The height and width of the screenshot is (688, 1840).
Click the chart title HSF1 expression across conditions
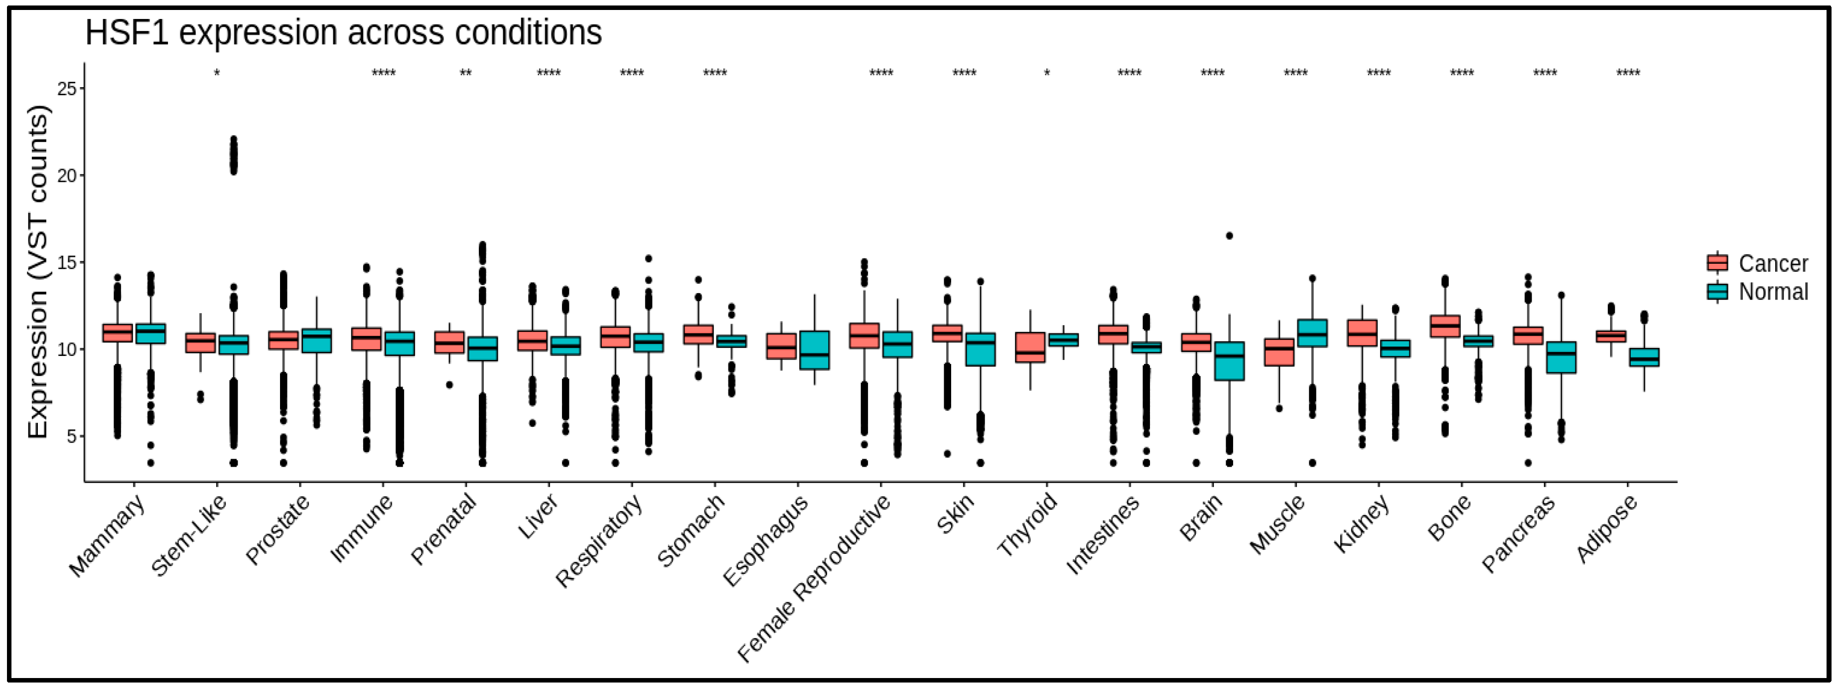tap(343, 33)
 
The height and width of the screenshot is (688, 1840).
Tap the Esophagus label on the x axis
tap(766, 539)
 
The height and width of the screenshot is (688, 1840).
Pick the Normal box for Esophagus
tap(814, 350)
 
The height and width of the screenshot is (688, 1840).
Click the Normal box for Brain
tap(1229, 361)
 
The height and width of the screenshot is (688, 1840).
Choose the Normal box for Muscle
tap(1312, 333)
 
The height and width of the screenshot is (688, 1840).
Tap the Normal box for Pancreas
tap(1561, 357)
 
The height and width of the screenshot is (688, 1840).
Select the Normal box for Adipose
tap(1644, 357)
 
